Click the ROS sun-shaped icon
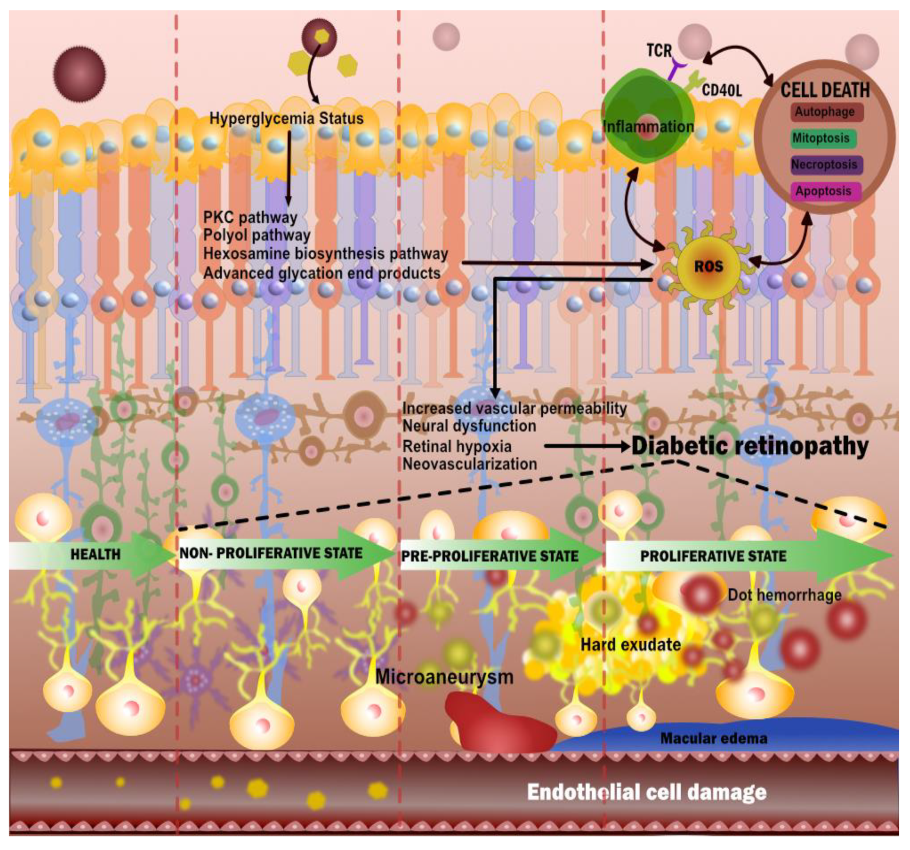(708, 267)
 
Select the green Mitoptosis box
(823, 138)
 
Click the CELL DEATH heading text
(825, 90)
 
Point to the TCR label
(659, 50)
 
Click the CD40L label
(721, 91)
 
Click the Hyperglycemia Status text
(287, 118)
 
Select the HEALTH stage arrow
(95, 555)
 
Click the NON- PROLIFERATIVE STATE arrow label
(271, 553)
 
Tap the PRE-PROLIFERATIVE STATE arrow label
(490, 556)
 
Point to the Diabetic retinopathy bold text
(750, 446)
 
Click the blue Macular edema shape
(733, 738)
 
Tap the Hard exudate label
(630, 645)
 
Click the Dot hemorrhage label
(784, 595)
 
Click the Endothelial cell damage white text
(646, 792)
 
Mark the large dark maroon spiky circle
(79, 74)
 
